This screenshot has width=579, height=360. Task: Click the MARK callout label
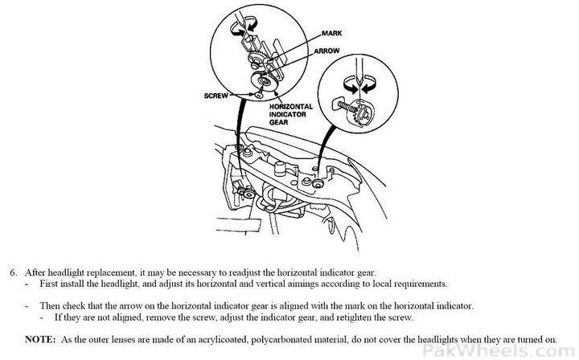(x=331, y=33)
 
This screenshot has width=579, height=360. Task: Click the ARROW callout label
(x=326, y=51)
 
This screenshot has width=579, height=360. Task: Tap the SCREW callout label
(x=216, y=96)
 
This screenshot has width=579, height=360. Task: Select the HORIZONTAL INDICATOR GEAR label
(x=290, y=114)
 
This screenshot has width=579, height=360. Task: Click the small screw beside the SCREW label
(x=259, y=95)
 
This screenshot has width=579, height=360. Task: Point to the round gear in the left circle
(x=263, y=82)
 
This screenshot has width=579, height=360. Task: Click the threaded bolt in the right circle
(x=347, y=107)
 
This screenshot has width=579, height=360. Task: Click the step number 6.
(x=14, y=273)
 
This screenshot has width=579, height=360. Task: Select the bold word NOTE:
(x=40, y=339)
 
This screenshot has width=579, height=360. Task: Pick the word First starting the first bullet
(x=49, y=284)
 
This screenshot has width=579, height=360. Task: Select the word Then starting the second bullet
(x=50, y=306)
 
